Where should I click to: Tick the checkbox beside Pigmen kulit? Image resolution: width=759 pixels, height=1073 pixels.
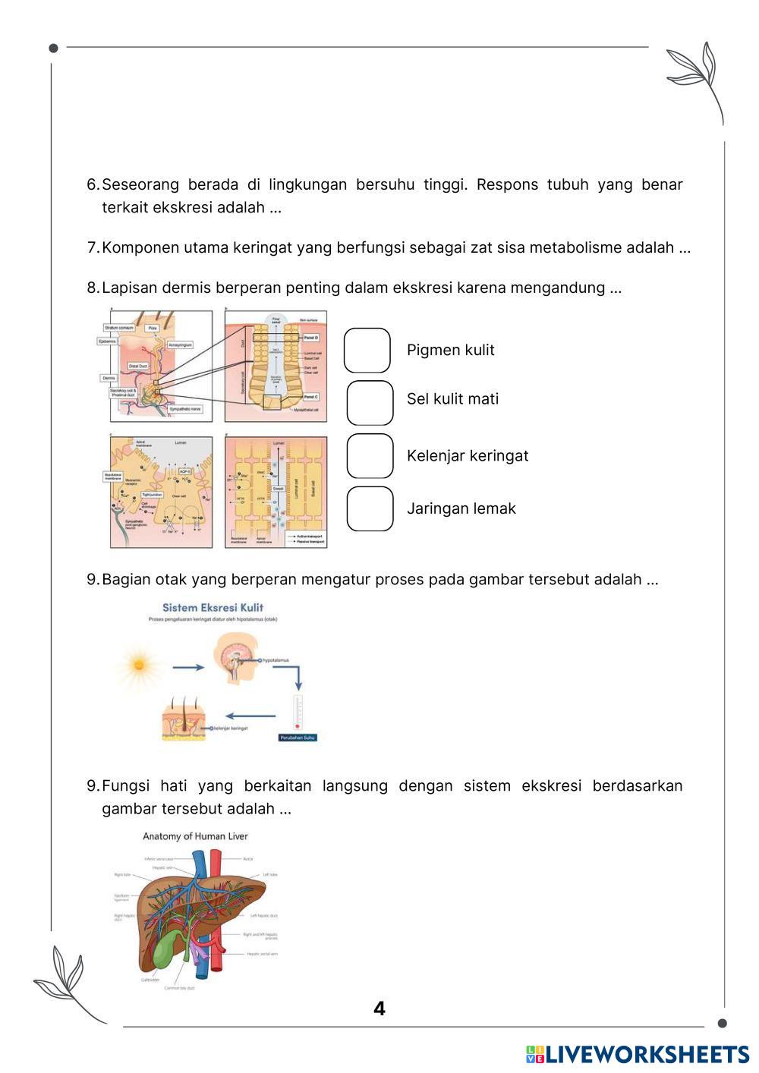367,350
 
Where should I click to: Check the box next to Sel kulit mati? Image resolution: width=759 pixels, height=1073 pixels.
370,403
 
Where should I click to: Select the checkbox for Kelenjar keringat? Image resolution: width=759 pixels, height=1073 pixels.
370,456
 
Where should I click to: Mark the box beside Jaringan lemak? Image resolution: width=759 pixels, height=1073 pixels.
370,508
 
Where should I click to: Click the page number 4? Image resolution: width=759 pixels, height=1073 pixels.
379,1008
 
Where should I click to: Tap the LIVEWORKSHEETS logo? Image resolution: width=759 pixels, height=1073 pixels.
638,1054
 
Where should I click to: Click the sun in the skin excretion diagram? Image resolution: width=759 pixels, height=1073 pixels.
139,665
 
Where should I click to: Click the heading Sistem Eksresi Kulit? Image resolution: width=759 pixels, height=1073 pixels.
213,607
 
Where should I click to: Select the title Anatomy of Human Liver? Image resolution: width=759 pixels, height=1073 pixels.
195,836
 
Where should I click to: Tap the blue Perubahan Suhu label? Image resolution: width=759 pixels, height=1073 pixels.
298,738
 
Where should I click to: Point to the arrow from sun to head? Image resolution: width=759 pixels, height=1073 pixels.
188,667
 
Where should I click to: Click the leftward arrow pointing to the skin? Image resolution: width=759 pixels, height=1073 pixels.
251,715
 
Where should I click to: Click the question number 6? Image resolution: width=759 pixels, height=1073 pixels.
93,184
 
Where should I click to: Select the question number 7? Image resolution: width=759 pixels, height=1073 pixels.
93,247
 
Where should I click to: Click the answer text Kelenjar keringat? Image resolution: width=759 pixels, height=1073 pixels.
468,456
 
